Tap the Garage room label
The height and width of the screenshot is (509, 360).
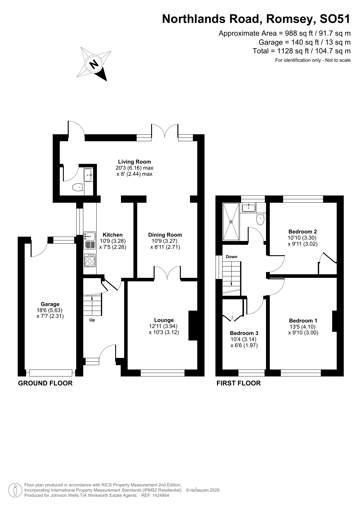pos(50,304)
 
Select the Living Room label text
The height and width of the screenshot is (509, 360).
pos(134,162)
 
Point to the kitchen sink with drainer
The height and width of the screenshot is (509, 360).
pos(90,240)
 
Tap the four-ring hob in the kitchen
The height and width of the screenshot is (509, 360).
pos(90,260)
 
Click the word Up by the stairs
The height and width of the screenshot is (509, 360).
pos(92,320)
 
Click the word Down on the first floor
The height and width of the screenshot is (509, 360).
pos(231,257)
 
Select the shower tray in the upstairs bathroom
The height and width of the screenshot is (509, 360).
pos(231,222)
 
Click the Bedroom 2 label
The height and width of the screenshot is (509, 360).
pos(302,231)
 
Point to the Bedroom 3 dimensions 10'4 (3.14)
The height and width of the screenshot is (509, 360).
pos(243,339)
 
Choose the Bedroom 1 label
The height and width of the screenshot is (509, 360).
pos(303,320)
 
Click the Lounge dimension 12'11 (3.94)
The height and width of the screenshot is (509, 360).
pos(164,326)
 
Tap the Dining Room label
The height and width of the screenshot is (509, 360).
pos(165,235)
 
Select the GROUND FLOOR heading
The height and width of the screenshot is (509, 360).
pos(45,383)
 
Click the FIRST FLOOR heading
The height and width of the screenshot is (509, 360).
pos(238,383)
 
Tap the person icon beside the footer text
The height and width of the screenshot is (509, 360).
pos(15,490)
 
